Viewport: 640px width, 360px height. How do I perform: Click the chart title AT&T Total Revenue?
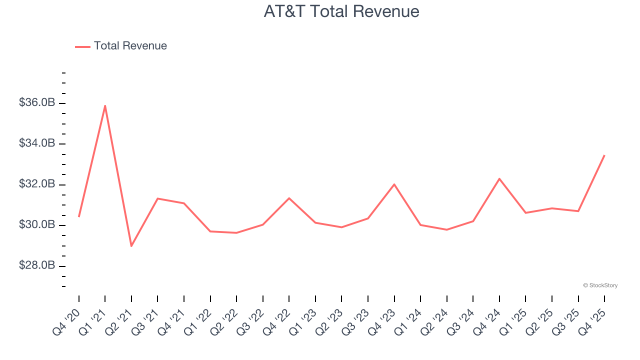(341, 11)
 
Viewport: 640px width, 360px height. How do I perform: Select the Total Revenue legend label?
(130, 46)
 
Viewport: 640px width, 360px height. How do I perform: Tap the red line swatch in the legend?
(82, 46)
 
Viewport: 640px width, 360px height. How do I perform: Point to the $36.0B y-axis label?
(37, 102)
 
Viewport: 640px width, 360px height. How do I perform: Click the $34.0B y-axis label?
(37, 143)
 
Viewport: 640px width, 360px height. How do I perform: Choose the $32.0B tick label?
(37, 184)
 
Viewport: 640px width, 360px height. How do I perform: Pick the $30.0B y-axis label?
(37, 225)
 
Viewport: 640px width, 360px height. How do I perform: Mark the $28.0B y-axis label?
(37, 265)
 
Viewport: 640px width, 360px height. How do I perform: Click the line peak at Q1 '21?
(105, 105)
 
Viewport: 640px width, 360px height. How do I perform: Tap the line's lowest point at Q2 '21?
(131, 246)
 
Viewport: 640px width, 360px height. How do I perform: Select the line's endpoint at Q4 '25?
(604, 155)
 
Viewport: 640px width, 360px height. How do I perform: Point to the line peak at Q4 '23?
(394, 184)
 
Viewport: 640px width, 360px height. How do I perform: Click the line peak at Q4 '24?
(499, 178)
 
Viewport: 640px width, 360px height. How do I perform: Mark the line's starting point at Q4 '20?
(79, 216)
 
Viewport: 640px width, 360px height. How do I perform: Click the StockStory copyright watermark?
(600, 285)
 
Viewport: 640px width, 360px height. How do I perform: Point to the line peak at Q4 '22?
(289, 198)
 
